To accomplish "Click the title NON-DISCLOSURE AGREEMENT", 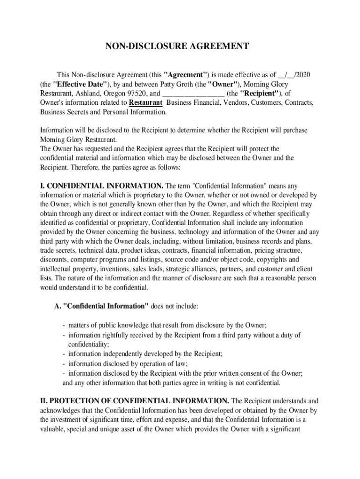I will (x=176, y=46).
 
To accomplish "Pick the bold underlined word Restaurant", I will (x=145, y=103).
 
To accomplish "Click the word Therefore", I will (x=84, y=167).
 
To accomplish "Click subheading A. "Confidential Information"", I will (x=101, y=306).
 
